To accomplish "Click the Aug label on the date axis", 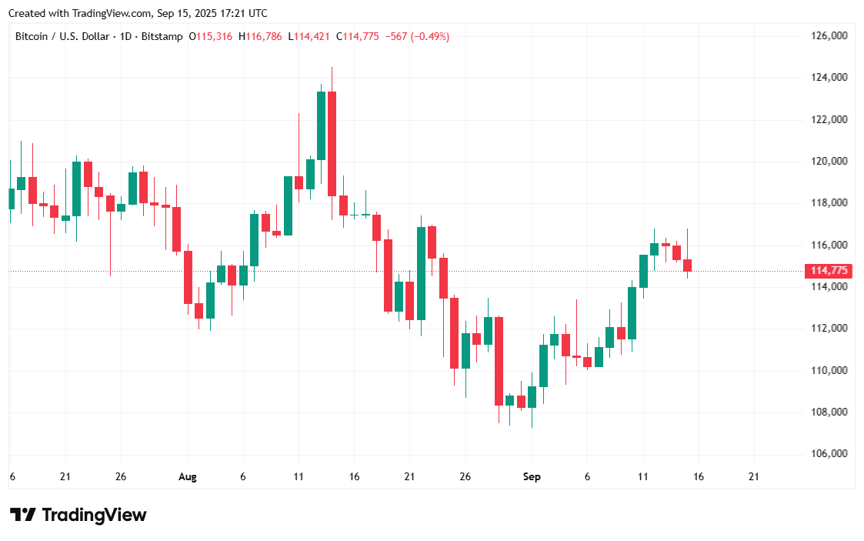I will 187,477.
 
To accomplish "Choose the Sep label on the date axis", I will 532,477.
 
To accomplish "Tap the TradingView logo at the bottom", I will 78,515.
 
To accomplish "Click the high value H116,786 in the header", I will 261,36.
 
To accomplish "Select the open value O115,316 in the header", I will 212,36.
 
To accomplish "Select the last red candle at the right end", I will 687,265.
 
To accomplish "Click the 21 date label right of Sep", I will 753,477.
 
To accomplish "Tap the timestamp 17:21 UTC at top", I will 242,13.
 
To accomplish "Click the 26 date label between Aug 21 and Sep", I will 465,477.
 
